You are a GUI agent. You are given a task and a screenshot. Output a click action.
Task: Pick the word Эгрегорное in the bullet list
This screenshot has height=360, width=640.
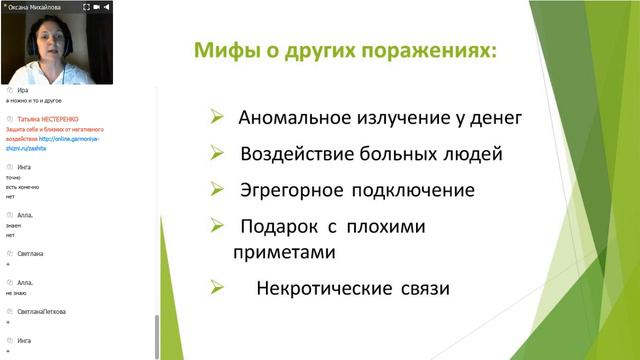click(291, 190)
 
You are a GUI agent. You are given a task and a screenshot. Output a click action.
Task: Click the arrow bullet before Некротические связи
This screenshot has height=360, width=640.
click(217, 288)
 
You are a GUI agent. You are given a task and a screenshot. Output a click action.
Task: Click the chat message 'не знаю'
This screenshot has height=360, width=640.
click(16, 295)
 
